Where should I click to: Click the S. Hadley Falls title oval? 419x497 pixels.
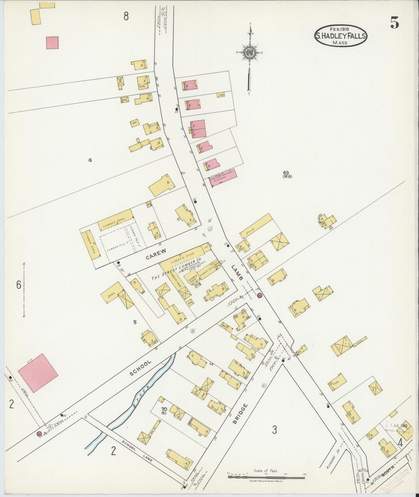tap(341, 36)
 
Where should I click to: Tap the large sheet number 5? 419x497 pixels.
tap(394, 24)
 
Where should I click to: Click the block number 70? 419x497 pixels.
tap(164, 409)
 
